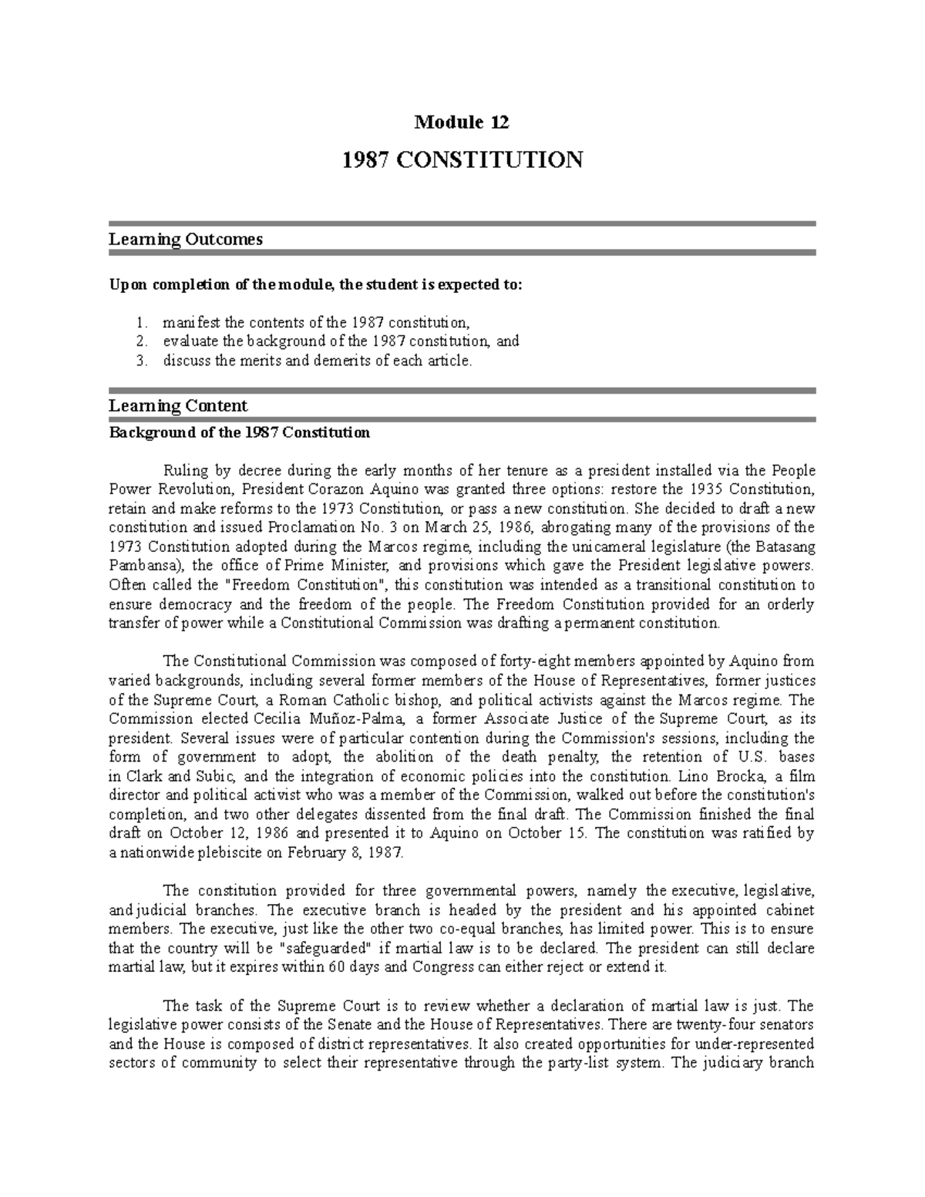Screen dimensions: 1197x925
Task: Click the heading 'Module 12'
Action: coord(462,122)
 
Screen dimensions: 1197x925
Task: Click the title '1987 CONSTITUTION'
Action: coord(462,160)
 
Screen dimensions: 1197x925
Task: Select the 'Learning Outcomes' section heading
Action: coord(185,239)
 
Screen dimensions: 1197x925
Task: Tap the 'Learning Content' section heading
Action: coord(178,405)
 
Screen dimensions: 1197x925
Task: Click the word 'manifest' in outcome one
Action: coord(185,322)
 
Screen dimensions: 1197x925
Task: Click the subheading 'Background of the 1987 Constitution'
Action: coord(239,432)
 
